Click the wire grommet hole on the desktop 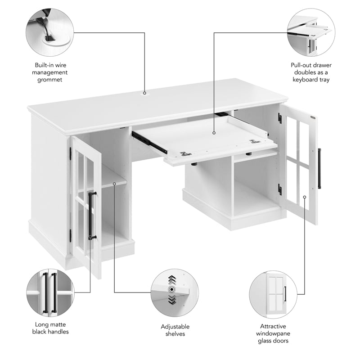pos(145,94)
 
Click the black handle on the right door pos(319,168)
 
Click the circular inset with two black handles pos(49,292)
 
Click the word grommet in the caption pos(49,80)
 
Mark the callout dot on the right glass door pos(305,197)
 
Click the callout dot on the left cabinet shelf pos(115,183)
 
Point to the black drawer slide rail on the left pos(149,142)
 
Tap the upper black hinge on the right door pos(279,119)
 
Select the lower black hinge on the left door pos(70,235)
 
